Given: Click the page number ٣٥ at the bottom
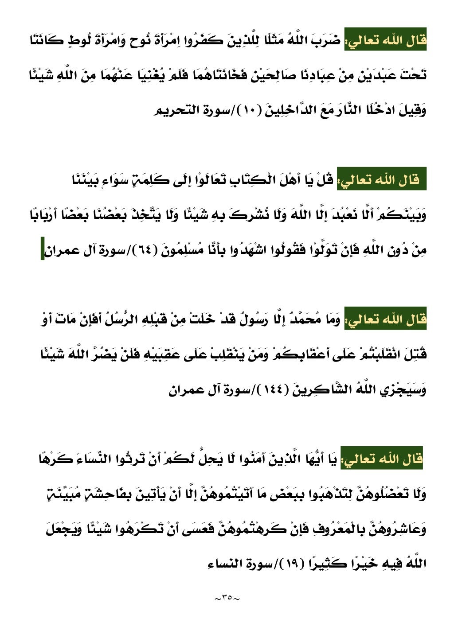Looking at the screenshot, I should (x=227, y=599).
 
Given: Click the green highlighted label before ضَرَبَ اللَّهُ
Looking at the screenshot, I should (x=385, y=41).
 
